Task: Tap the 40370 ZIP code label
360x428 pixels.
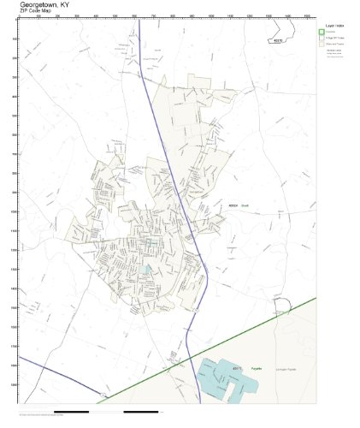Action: point(276,39)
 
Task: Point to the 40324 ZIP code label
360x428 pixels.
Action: point(233,205)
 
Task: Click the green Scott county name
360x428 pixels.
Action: point(244,205)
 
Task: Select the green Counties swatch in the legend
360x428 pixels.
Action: point(322,32)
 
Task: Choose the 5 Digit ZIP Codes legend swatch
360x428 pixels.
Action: point(322,39)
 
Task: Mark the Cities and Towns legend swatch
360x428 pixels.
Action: point(322,45)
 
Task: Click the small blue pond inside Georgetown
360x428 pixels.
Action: point(148,270)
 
